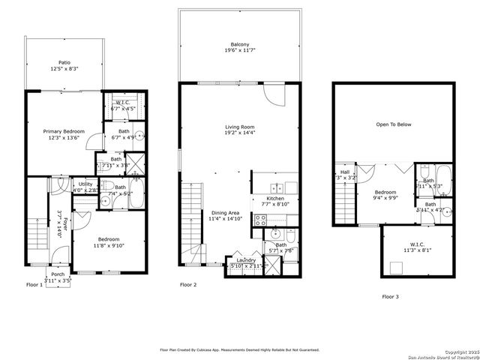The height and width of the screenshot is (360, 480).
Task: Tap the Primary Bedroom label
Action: click(x=62, y=134)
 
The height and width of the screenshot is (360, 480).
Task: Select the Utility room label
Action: click(x=85, y=186)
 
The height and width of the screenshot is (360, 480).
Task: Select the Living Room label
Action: click(x=240, y=130)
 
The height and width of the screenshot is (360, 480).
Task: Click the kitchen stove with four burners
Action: click(x=261, y=220)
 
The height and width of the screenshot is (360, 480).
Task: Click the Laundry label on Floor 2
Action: click(x=246, y=262)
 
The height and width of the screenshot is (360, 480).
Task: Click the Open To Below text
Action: click(x=394, y=124)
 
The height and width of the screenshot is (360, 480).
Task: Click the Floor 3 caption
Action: click(x=391, y=297)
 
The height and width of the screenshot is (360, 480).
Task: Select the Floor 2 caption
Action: click(x=188, y=285)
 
